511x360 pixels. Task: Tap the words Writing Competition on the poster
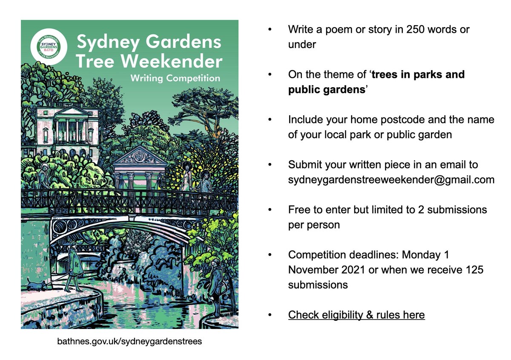(x=175, y=78)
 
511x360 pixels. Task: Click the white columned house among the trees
(x=67, y=128)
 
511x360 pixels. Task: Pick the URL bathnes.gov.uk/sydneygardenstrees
(x=129, y=341)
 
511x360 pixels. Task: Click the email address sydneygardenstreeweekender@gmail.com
(x=391, y=180)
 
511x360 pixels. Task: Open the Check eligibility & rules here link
(x=356, y=315)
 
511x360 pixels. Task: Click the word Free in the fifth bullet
(x=300, y=210)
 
